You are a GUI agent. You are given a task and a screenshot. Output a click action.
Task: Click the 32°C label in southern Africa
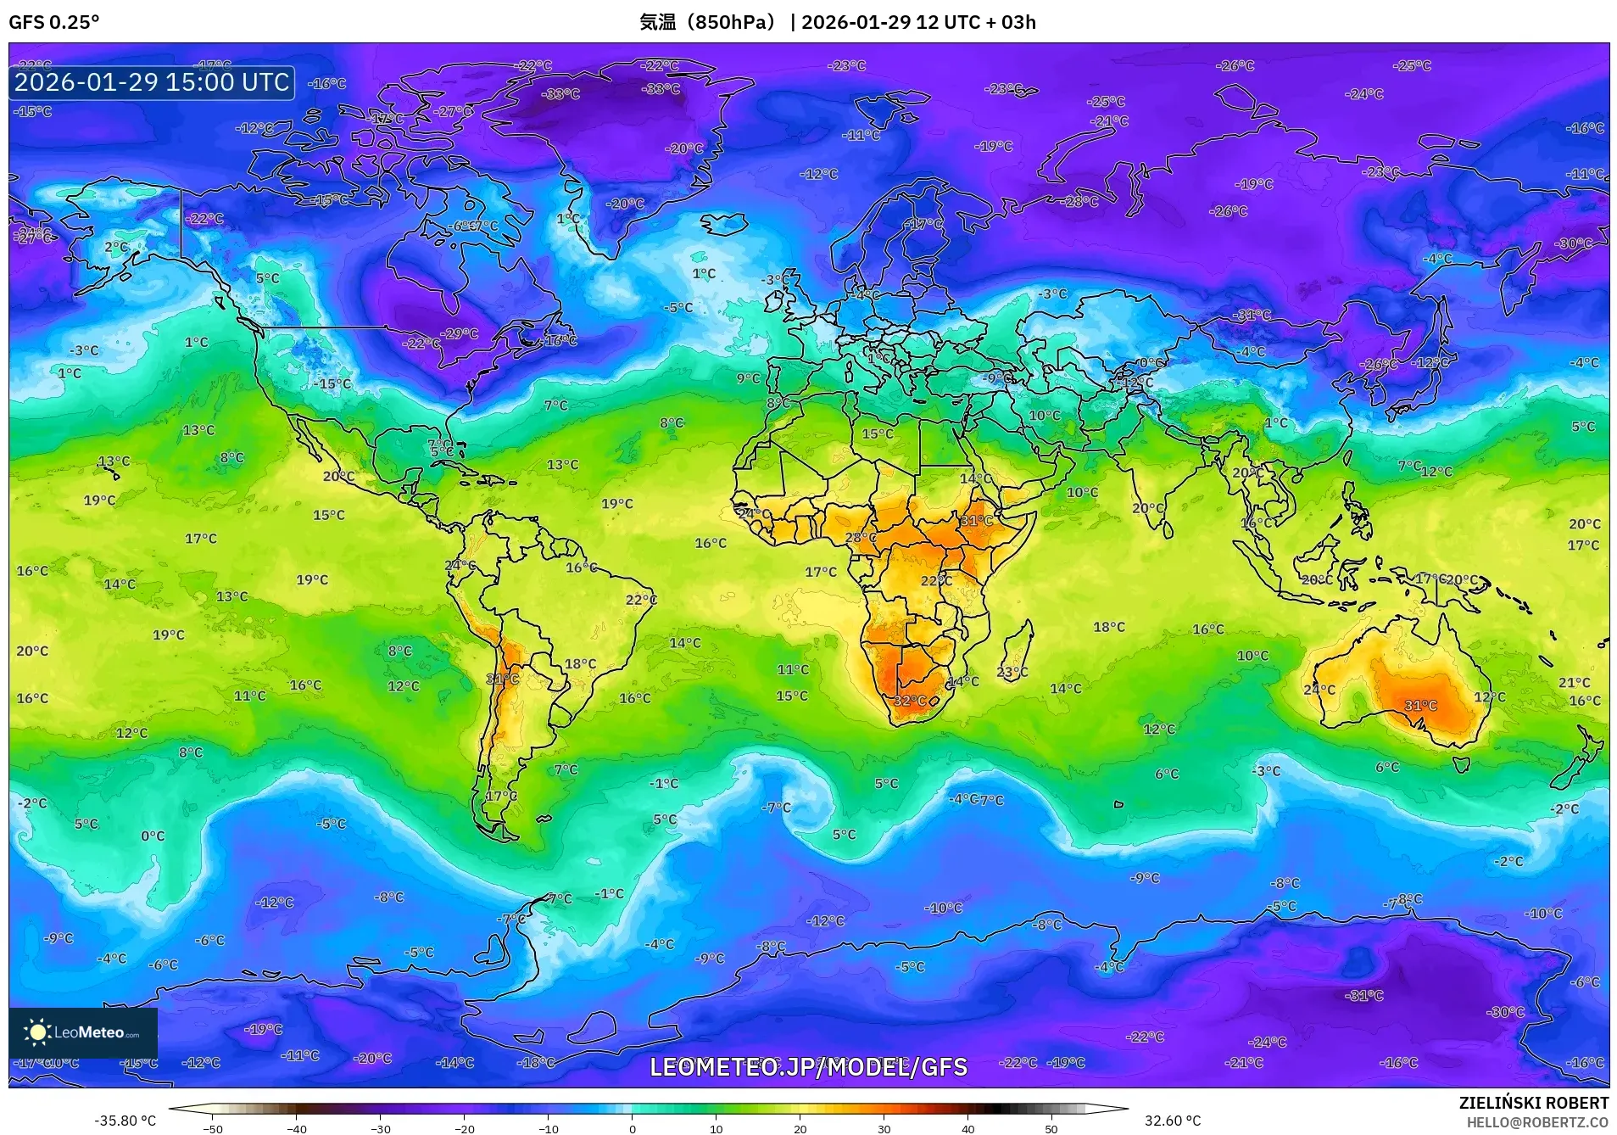909,701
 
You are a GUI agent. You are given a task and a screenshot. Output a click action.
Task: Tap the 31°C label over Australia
1420,706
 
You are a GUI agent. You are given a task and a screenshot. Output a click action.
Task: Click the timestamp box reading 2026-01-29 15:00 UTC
152,82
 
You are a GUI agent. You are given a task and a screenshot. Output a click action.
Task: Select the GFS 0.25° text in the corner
53,22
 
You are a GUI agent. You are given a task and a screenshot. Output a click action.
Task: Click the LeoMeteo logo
83,1032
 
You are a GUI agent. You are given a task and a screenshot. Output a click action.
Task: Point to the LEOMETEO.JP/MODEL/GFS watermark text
808,1066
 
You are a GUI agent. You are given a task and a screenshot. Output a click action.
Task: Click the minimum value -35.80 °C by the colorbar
125,1121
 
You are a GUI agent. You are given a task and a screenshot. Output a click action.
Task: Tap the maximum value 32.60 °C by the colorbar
1173,1121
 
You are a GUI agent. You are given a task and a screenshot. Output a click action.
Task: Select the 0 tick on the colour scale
633,1129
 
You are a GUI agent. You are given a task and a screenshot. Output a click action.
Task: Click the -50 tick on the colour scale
213,1129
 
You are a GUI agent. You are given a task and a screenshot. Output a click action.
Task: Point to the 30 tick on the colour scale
884,1129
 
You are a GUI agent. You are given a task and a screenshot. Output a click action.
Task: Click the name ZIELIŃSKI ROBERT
1533,1103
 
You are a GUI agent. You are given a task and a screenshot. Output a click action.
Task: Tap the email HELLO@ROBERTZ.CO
1537,1122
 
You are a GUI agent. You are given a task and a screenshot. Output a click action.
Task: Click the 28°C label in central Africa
861,538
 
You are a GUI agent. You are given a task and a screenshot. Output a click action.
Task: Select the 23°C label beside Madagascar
1012,673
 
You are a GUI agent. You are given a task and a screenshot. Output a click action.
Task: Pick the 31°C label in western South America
502,679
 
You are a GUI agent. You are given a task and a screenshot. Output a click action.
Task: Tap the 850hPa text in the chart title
734,22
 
